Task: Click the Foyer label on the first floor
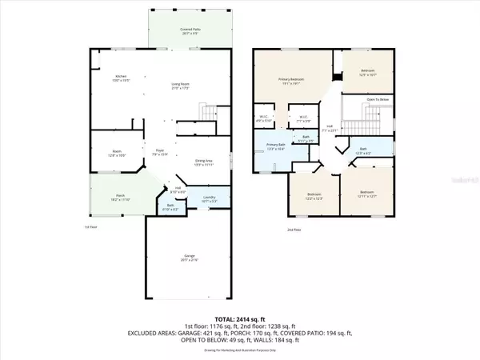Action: (x=159, y=151)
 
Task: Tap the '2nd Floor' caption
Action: (x=294, y=230)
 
